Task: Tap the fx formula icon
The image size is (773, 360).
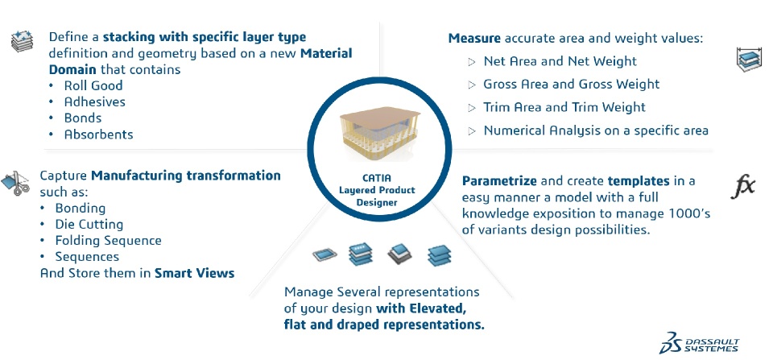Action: [x=742, y=188]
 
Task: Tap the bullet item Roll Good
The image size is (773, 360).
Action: [x=93, y=85]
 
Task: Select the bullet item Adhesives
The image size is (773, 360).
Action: [x=95, y=102]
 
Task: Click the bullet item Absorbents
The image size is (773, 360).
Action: [x=98, y=134]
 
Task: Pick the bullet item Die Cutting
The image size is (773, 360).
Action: [x=89, y=224]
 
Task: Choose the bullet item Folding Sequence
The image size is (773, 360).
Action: [x=108, y=240]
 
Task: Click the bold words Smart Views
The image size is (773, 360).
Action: [x=194, y=273]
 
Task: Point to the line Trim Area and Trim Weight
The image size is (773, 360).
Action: [x=564, y=107]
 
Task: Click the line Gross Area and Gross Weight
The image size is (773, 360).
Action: [x=571, y=84]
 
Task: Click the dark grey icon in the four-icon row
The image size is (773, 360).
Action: [x=400, y=254]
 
